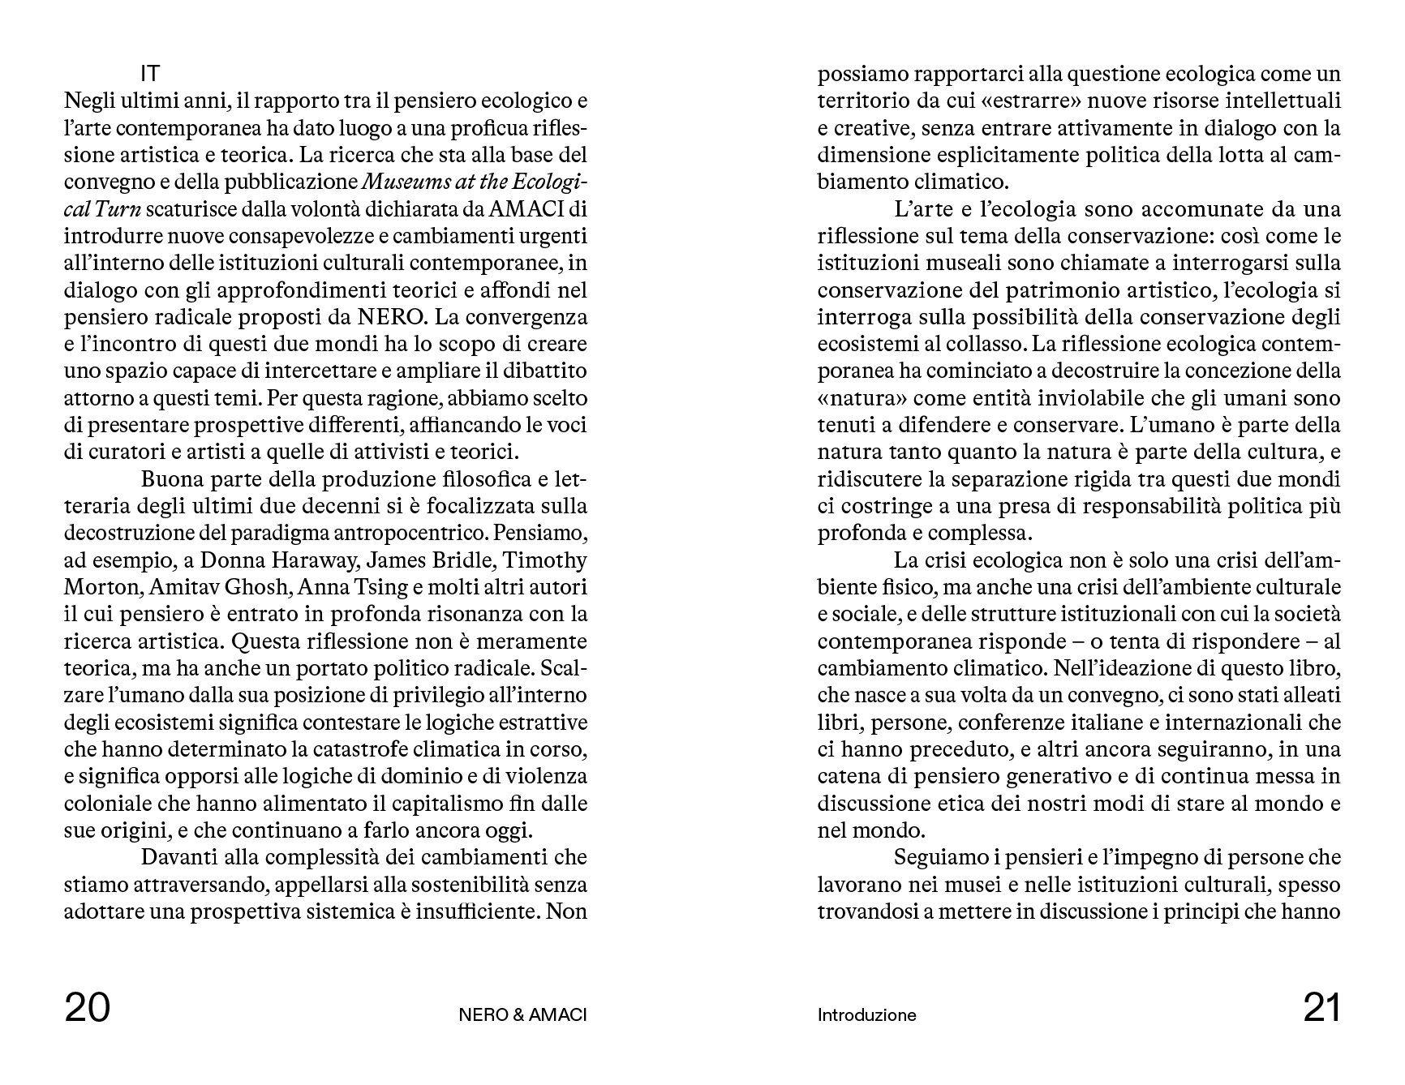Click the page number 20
(87, 1010)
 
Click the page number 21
(1321, 1010)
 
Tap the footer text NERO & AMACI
(522, 1015)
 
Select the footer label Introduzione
(866, 1015)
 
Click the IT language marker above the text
(150, 74)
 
